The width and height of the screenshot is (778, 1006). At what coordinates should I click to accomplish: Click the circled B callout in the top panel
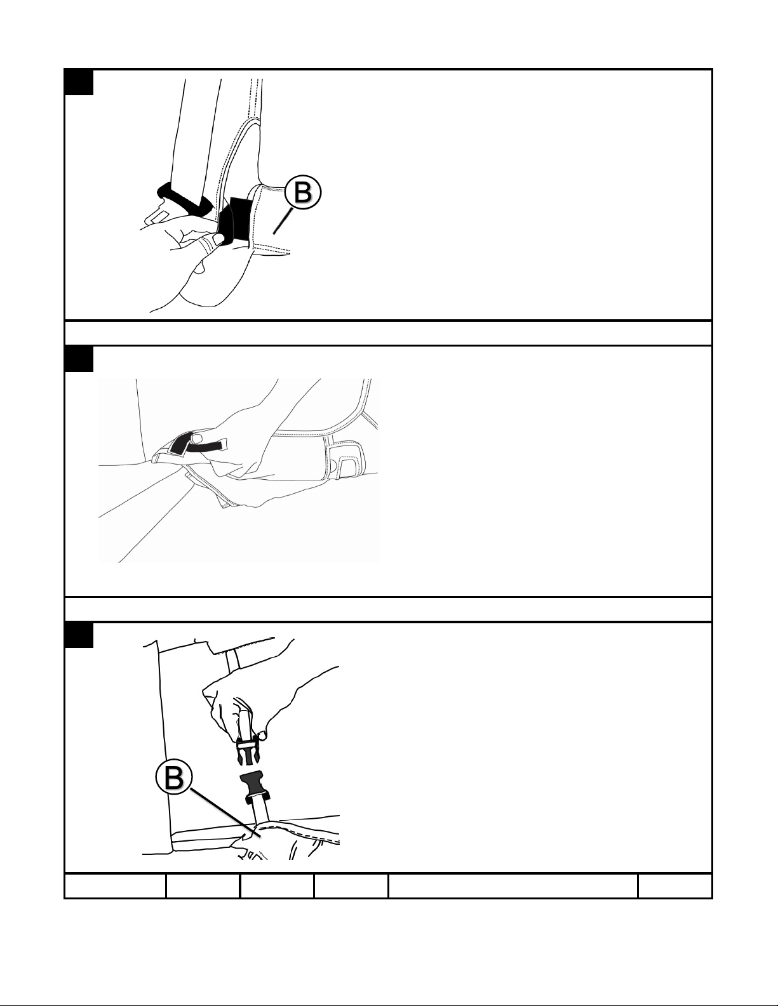[x=302, y=192]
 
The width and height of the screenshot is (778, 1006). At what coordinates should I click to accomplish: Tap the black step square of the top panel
[x=79, y=83]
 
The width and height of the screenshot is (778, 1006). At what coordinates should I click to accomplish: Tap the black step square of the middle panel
[x=79, y=359]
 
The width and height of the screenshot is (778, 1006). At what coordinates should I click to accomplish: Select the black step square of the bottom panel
[x=79, y=635]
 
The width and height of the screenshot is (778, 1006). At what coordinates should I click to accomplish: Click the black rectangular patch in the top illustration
[x=240, y=218]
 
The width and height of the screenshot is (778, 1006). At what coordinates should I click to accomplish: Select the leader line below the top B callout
[x=282, y=222]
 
